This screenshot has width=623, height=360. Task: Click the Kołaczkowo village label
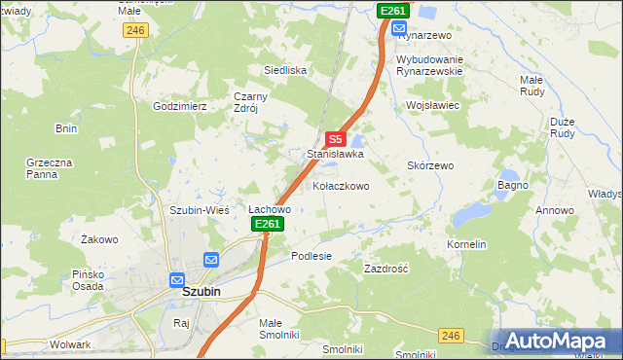click(341, 186)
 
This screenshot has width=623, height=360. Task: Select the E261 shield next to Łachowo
click(268, 225)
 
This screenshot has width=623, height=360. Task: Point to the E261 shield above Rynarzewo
click(392, 11)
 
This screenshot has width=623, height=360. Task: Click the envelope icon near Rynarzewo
click(399, 28)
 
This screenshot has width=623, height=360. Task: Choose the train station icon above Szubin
click(177, 277)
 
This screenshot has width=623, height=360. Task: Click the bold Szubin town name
click(202, 291)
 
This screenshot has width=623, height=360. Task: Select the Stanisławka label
click(336, 154)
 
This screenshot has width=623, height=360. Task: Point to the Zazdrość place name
click(385, 268)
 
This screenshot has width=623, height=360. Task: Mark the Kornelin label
click(466, 244)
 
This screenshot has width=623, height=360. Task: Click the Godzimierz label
click(179, 105)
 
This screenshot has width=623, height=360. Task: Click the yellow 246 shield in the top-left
click(135, 30)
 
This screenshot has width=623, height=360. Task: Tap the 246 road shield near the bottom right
click(450, 335)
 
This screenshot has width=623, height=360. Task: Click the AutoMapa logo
click(555, 341)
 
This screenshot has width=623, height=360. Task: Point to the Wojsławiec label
click(432, 104)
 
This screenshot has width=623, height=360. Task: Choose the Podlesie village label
click(311, 256)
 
